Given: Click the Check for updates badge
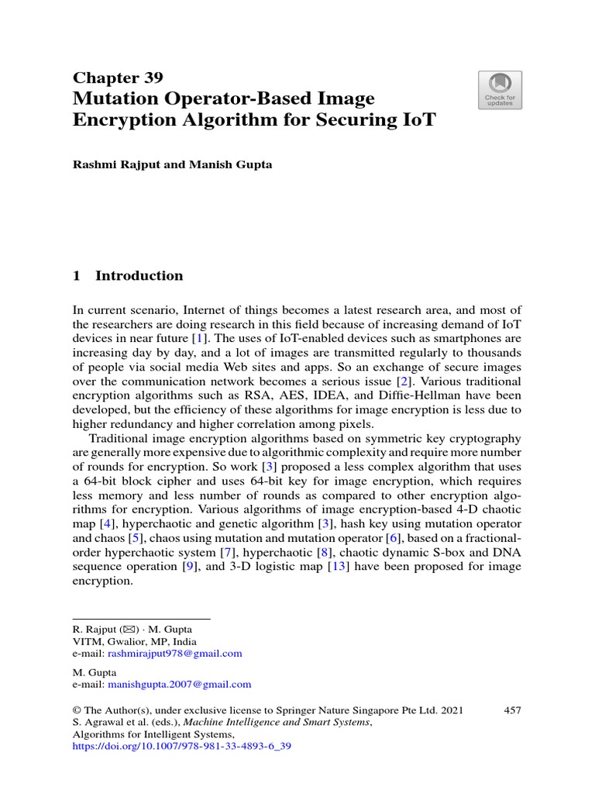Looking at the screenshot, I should pyautogui.click(x=500, y=90).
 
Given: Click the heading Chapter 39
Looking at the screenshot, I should pyautogui.click(x=118, y=77).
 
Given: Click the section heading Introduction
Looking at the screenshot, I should pyautogui.click(x=139, y=275).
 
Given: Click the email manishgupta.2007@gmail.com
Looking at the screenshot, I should pyautogui.click(x=179, y=684).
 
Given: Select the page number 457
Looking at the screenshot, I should pyautogui.click(x=512, y=709).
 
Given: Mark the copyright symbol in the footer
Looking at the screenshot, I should pyautogui.click(x=77, y=709).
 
